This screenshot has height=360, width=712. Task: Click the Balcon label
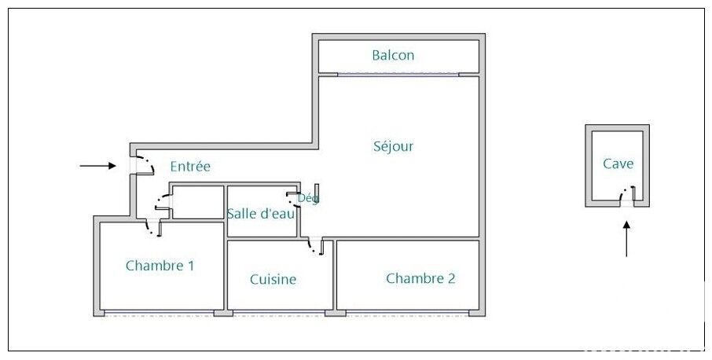pos(393,55)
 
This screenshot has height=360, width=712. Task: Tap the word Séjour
pos(393,147)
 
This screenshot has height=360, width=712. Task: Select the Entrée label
pos(190,167)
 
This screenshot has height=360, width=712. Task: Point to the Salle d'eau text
pos(261,213)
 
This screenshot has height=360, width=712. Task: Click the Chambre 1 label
pos(160,266)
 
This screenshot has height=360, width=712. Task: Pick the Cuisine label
pos(273,279)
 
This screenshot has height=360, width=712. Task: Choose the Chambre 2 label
pos(420,278)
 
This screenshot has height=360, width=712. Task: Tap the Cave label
pos(618,163)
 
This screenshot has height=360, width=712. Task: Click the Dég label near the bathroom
pos(308,198)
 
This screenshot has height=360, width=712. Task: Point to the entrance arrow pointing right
pos(97,166)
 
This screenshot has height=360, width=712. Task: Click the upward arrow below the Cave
pos(626,239)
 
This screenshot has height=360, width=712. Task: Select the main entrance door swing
pos(145,165)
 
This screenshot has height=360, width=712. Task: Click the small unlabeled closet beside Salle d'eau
pos(199,202)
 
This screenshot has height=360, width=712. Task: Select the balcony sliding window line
pos(398,75)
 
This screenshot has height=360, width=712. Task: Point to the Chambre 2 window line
pos(407,313)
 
